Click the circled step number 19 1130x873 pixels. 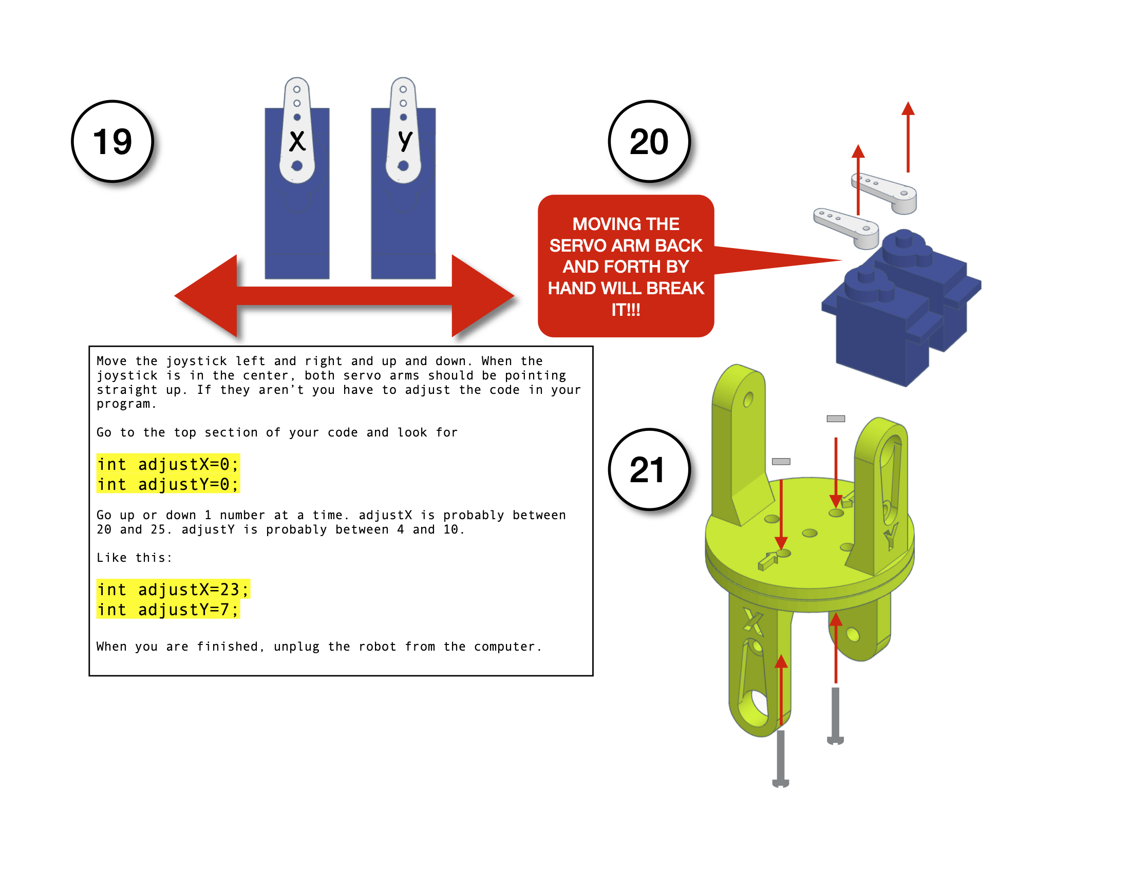click(112, 141)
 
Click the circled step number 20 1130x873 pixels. click(649, 141)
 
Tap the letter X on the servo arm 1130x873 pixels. click(297, 141)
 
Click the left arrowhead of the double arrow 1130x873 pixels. click(207, 296)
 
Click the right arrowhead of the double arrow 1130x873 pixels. click(481, 296)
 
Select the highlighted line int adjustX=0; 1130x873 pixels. click(167, 464)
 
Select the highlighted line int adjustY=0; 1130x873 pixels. click(167, 484)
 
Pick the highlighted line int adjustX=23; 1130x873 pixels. click(173, 589)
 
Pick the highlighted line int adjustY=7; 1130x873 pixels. click(167, 609)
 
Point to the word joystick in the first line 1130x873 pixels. click(196, 361)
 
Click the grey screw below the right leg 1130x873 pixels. click(835, 716)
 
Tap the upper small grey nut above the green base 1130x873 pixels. click(836, 419)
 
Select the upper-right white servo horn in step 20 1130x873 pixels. click(885, 194)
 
